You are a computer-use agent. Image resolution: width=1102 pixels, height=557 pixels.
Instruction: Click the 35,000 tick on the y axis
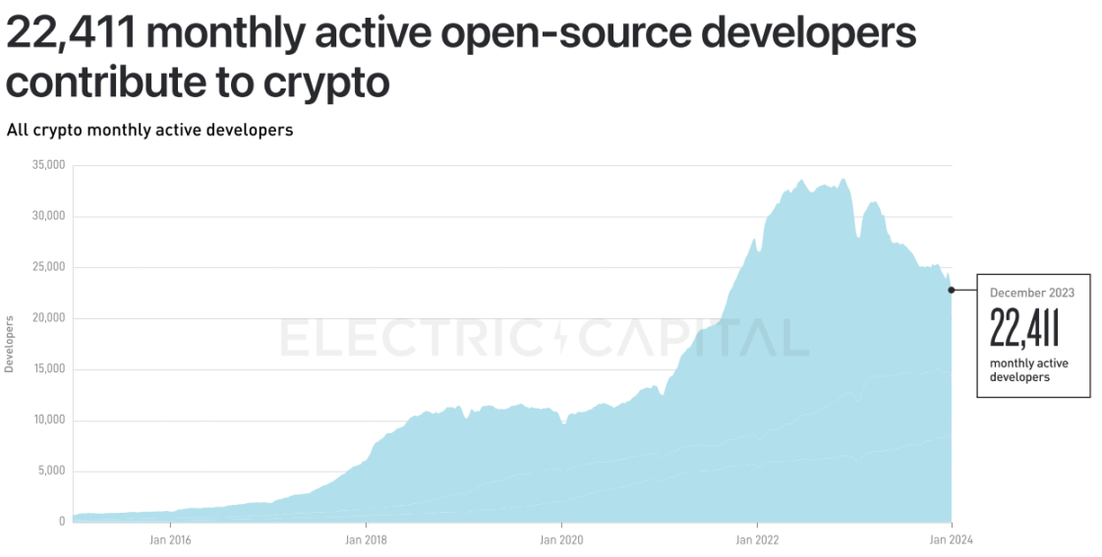tap(48, 165)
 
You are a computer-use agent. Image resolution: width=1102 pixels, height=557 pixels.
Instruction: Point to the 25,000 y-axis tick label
tap(48, 267)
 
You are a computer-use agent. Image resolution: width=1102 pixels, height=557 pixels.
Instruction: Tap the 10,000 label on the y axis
tap(48, 420)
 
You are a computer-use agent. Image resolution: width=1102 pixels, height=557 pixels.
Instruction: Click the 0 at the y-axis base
tap(61, 522)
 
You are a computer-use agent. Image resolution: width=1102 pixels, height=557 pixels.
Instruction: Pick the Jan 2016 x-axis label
tap(170, 538)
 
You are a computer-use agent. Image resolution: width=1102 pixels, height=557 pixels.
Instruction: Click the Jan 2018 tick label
tap(366, 538)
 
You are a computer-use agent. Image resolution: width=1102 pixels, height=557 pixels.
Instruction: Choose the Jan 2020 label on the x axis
tap(561, 538)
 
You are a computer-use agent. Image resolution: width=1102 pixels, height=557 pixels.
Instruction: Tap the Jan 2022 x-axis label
tap(757, 538)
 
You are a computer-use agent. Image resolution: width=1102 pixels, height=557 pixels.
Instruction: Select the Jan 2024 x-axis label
tap(952, 538)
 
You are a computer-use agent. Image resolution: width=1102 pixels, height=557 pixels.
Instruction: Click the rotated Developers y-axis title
tap(10, 344)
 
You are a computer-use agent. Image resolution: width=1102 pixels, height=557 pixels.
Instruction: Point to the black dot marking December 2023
tap(952, 290)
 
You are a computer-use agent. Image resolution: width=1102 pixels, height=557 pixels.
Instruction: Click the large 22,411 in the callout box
tap(1023, 327)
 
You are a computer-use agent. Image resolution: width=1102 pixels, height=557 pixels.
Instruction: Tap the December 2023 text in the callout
tap(1031, 293)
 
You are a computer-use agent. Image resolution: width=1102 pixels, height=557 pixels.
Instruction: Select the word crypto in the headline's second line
tap(326, 83)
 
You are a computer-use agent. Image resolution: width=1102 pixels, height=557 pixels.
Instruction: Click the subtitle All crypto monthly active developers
tap(149, 130)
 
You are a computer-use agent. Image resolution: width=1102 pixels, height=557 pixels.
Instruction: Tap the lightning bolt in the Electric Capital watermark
tap(561, 338)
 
